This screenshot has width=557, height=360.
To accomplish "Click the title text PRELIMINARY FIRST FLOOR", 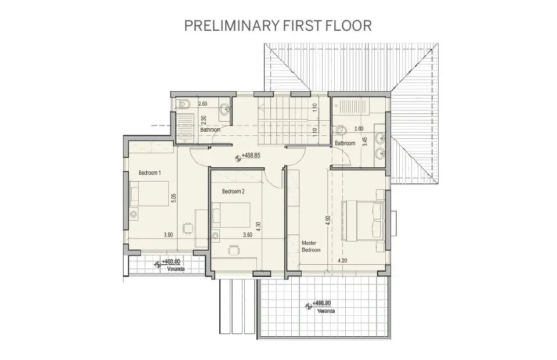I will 277,26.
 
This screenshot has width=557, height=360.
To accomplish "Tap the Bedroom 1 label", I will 150,173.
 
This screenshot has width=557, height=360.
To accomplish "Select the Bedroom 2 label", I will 233,191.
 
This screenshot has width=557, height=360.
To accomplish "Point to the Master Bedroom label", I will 310,246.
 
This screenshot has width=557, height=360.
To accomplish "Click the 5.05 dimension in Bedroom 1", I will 172,199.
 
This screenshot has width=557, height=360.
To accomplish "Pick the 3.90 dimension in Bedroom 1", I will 168,235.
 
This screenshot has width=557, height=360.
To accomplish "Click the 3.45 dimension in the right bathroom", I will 364,141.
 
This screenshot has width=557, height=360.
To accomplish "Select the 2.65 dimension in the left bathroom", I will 202,103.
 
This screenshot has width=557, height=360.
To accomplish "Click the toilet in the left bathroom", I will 184,105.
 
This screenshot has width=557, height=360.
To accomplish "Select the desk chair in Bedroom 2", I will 234,249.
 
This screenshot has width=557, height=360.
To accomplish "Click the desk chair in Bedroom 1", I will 188,228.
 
